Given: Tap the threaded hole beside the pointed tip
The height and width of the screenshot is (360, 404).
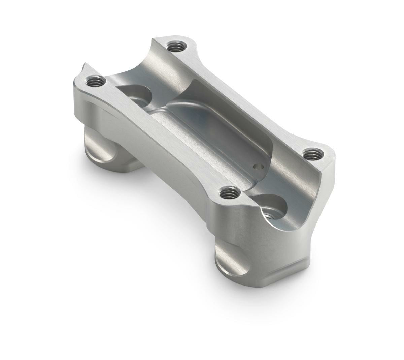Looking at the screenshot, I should click(x=93, y=81).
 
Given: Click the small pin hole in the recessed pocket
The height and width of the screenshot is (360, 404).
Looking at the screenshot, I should click(x=258, y=167).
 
